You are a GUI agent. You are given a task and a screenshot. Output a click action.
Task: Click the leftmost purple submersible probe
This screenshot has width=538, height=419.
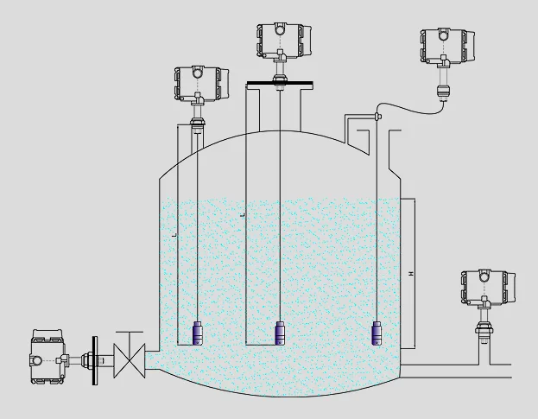point(197,333)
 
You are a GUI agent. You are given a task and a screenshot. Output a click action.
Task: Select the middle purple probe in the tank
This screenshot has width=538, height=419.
point(280,333)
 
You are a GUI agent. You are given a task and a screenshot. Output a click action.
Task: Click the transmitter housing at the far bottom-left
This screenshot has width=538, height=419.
point(47,356)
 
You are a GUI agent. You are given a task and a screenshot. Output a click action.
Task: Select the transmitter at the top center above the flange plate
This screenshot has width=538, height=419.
point(282,41)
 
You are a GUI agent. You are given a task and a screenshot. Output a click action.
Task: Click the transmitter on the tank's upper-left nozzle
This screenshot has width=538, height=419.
point(199,84)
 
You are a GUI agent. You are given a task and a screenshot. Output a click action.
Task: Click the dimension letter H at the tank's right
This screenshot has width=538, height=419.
point(410,274)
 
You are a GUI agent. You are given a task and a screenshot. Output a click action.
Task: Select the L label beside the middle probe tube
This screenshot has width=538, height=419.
point(243,213)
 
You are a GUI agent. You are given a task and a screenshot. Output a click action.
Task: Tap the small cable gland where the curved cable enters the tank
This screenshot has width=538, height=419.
point(378,116)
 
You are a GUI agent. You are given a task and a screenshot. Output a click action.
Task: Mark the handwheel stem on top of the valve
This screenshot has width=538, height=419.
point(130,337)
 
